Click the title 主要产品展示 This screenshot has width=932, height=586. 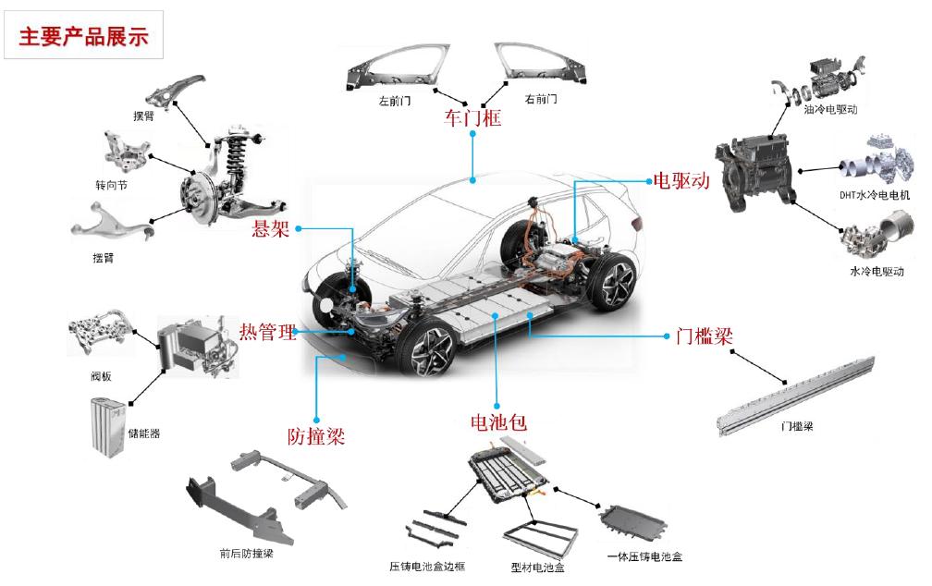(x=83, y=36)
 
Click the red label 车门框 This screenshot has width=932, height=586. (x=472, y=117)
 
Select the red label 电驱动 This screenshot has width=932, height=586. (x=681, y=180)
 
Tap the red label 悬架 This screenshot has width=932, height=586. (x=271, y=228)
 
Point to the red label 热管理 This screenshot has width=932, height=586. (x=267, y=331)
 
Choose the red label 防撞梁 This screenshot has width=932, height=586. (x=315, y=436)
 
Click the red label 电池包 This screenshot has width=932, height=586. (x=498, y=423)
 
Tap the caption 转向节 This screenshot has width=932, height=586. (x=111, y=185)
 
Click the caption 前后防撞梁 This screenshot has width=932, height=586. (x=246, y=554)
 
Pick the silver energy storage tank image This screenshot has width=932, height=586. (x=106, y=424)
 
